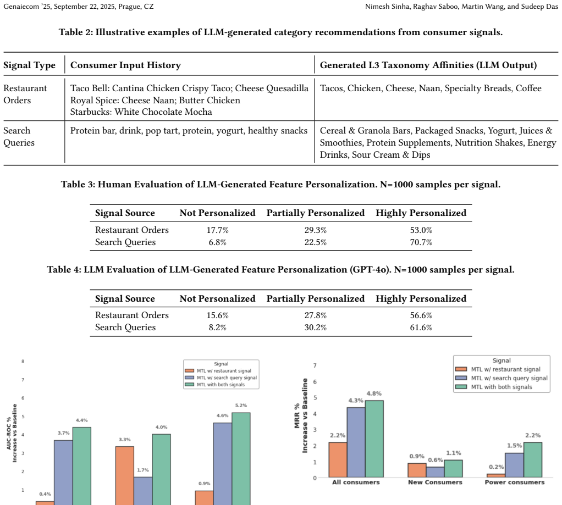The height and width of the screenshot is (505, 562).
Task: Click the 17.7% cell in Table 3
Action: pos(218,230)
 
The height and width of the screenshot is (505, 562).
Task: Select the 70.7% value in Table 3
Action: pos(421,242)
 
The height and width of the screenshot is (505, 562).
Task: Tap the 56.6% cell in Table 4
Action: pos(421,315)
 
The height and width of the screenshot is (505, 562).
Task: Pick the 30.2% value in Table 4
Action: pos(316,328)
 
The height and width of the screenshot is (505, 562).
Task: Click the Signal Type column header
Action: pos(29,65)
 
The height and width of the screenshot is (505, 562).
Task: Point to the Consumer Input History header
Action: pos(125,65)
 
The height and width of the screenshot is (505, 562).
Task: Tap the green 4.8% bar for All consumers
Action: pos(374,439)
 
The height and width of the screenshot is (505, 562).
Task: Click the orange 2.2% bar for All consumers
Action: pos(338,460)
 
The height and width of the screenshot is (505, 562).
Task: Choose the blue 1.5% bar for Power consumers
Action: pos(514,465)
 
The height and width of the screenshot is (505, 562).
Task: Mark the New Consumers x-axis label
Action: pos(435,482)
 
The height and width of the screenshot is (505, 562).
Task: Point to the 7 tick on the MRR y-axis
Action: pos(315,365)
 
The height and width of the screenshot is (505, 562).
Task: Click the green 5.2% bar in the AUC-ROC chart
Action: pos(241,459)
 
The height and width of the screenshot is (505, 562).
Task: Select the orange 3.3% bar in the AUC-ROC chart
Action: pos(125,476)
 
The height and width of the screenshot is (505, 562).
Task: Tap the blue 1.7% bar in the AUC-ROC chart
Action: pos(143,491)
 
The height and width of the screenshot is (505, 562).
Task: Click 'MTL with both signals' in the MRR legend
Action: pos(502,387)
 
